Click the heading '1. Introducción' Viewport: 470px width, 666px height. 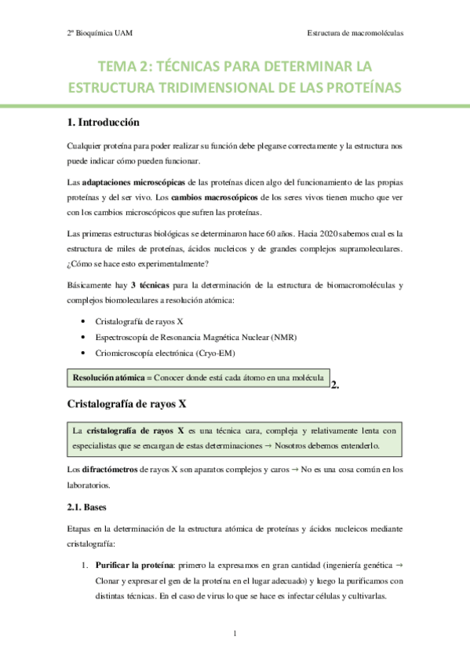[103, 123]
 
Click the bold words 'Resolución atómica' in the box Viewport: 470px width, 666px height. [108, 378]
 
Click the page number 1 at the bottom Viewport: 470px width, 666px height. [235, 634]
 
